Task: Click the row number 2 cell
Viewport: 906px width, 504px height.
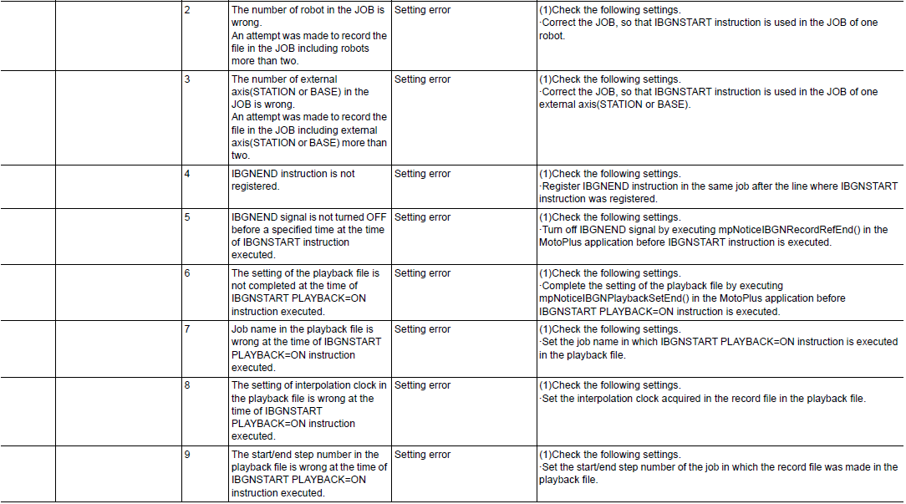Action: coord(188,10)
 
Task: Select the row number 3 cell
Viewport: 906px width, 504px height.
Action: coord(188,79)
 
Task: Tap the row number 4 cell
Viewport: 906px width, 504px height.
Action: coord(188,174)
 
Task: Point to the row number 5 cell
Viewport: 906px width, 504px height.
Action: coord(188,217)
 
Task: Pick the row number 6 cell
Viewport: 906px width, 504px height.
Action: coord(188,273)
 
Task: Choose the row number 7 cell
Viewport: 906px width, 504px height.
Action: coord(188,329)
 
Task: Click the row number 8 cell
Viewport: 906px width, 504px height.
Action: coord(188,385)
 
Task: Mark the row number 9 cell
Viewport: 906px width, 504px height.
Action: coord(188,455)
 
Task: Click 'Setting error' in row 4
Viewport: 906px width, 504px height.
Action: coord(422,174)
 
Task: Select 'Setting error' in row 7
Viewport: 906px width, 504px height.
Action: coord(422,329)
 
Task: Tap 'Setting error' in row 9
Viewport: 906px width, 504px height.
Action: coord(422,455)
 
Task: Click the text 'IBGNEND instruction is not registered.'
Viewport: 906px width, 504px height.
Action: coord(293,180)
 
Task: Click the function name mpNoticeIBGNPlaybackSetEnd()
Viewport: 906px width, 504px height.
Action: coord(610,298)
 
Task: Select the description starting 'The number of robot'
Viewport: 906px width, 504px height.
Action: coord(308,35)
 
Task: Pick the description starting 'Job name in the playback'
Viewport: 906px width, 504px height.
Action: coord(306,348)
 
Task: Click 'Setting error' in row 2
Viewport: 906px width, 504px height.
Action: coord(422,10)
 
